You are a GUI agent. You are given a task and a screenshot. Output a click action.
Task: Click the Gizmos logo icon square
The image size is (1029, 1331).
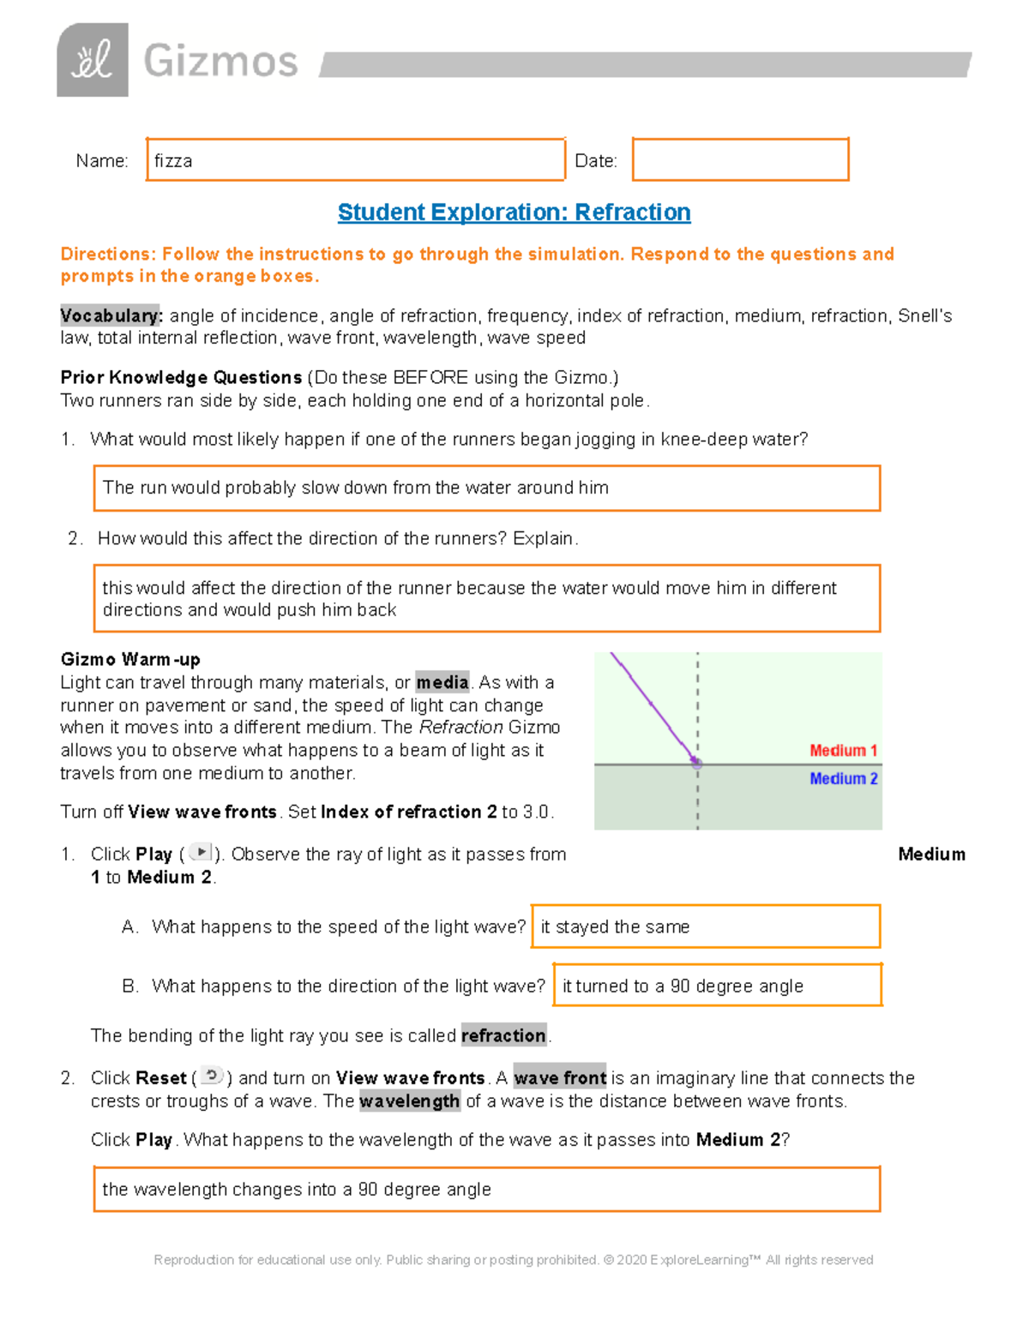[x=93, y=60]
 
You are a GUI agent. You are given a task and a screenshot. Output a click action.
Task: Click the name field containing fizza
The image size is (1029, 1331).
[x=355, y=160]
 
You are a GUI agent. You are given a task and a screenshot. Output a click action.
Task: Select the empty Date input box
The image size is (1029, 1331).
[x=740, y=160]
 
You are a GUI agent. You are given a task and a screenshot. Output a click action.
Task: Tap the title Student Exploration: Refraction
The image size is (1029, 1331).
[x=514, y=213]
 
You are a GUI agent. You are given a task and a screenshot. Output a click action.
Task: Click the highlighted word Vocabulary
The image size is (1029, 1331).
[x=111, y=315]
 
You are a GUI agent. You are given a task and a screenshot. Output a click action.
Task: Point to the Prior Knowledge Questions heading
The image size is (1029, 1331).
[x=181, y=377]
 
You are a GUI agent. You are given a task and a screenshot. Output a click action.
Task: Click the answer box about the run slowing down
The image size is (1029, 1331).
[x=486, y=488]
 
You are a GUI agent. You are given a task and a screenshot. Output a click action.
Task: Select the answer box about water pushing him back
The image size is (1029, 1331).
[x=486, y=598]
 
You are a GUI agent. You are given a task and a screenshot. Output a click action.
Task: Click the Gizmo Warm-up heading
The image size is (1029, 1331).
[x=130, y=659]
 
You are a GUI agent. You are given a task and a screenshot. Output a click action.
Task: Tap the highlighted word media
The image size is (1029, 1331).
[x=442, y=682]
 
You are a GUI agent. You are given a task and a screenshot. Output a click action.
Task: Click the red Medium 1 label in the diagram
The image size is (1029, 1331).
[x=843, y=751]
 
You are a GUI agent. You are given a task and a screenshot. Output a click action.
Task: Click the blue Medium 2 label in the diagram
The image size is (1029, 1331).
[x=843, y=778]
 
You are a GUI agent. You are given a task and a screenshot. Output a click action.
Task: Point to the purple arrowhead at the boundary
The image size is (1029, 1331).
[x=695, y=761]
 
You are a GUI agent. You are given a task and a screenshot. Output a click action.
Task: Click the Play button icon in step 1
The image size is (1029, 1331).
[x=200, y=853]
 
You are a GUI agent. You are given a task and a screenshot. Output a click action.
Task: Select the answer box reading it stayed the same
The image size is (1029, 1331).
[x=705, y=926]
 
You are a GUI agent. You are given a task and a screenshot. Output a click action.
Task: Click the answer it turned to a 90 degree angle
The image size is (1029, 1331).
[x=717, y=986]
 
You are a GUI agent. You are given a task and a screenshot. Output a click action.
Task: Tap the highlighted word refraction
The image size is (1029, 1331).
[x=503, y=1035]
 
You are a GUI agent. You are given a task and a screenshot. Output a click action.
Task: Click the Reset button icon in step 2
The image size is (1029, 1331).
[x=212, y=1076]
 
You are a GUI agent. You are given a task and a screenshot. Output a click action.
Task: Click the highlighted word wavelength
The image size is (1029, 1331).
[x=409, y=1101]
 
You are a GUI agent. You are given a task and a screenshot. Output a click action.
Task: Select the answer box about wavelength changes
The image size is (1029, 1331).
[x=486, y=1189]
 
